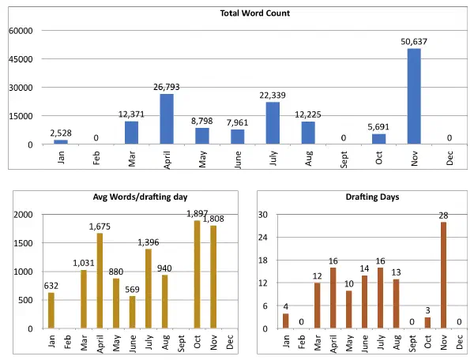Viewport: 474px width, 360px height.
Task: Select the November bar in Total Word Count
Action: [414, 96]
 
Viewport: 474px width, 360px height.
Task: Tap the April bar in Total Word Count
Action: [167, 119]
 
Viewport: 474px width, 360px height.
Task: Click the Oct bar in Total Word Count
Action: [378, 139]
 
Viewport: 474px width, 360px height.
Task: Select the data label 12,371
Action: [131, 114]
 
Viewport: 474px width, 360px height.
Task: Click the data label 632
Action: [51, 286]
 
